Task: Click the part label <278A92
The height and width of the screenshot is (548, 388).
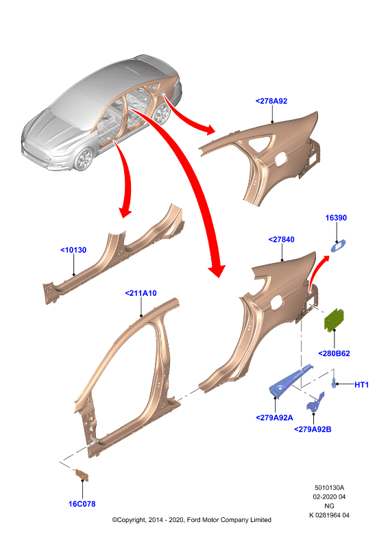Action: coord(271,101)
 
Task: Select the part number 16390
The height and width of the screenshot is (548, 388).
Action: coord(336,218)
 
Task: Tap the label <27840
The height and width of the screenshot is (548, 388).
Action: coord(281,239)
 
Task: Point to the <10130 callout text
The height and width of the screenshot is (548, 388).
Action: coord(73,250)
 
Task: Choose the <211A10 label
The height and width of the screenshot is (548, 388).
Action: coord(141,293)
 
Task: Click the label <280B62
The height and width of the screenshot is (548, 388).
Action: coord(334,353)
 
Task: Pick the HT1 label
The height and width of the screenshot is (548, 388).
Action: coord(361,385)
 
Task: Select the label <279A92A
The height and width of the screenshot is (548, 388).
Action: coord(274,418)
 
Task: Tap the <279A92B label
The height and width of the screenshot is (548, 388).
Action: coord(313,429)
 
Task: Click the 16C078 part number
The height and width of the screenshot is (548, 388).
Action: coord(82,503)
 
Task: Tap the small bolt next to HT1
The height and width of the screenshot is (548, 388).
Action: coord(334,382)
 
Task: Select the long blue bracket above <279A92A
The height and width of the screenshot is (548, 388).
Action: coord(290,382)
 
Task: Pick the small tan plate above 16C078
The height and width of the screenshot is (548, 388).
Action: coord(82,475)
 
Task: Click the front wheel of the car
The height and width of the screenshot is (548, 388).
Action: coord(84,160)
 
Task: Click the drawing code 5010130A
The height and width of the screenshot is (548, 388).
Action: coord(329,487)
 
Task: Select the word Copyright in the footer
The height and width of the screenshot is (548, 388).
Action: coord(131,520)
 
